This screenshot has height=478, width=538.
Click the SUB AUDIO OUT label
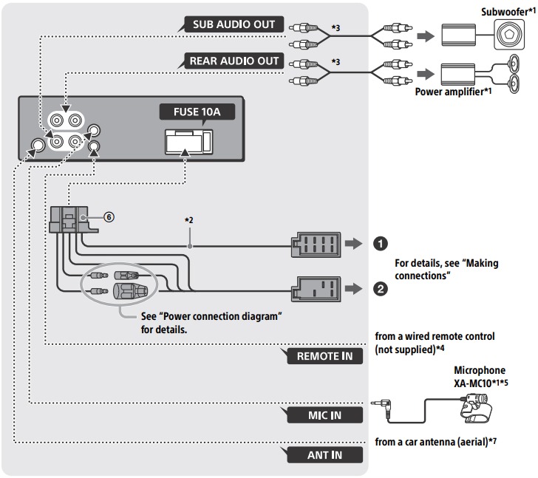click(234, 24)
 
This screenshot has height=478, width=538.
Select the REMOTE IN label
click(326, 356)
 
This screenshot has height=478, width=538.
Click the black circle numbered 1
click(380, 243)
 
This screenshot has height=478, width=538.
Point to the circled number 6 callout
click(108, 217)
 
